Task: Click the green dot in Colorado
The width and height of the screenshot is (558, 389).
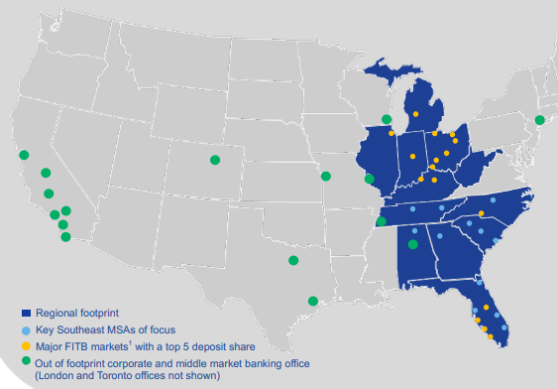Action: (214, 160)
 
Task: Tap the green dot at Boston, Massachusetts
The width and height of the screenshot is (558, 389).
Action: (539, 120)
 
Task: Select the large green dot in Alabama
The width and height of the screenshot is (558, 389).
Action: (413, 243)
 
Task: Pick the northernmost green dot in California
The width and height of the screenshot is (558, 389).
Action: (24, 155)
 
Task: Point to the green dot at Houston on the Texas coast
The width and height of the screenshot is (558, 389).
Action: (313, 301)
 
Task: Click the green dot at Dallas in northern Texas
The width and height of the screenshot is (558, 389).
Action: (292, 260)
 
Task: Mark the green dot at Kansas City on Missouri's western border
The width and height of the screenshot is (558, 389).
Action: (325, 177)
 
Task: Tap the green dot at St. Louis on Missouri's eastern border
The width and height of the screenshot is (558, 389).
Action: (370, 180)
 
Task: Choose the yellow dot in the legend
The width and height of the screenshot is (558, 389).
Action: (27, 346)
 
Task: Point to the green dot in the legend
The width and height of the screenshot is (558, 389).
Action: (27, 362)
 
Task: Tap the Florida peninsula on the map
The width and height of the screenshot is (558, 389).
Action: (491, 313)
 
